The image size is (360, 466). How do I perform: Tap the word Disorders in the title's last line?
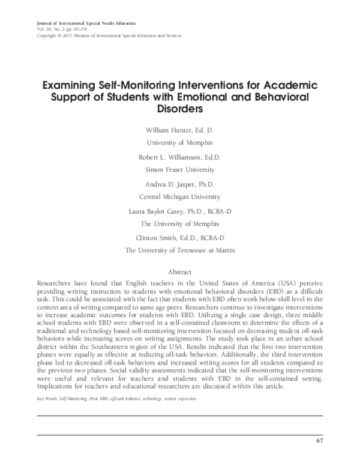[x=179, y=109]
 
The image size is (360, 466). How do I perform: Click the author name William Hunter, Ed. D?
[x=179, y=130]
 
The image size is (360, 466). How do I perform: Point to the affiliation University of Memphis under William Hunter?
[x=179, y=142]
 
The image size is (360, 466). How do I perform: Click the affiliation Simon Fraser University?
[x=179, y=169]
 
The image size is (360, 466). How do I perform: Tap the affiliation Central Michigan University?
[x=179, y=196]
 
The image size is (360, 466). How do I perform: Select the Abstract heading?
[x=179, y=271]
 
